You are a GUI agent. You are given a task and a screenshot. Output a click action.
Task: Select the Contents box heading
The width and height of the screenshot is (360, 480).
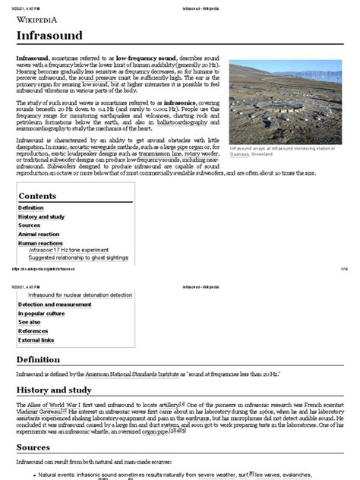coord(37,196)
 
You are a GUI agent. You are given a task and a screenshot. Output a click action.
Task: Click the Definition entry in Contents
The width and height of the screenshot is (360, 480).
coord(31,207)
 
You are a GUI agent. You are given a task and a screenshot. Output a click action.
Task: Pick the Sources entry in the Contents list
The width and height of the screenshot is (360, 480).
coord(29,226)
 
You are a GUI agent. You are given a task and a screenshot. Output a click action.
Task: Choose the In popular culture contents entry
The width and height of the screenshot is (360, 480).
coord(42,313)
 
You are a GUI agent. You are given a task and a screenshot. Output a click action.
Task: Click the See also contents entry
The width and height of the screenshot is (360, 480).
coord(30,322)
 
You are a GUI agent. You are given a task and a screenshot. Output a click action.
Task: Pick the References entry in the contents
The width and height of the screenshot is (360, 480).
coord(33,331)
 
